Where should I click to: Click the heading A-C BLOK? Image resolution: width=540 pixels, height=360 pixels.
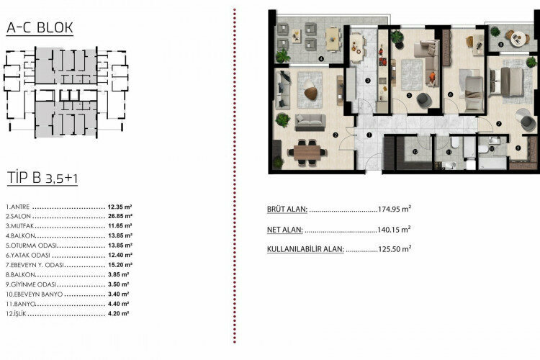pos(39,29)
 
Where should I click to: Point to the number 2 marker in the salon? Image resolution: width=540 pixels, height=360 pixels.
pos(335,134)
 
